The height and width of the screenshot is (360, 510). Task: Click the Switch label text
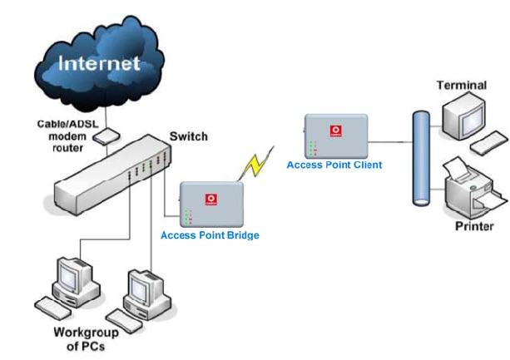(188, 136)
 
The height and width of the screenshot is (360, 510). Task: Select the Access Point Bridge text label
(210, 235)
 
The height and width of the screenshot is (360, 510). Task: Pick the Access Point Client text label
(334, 165)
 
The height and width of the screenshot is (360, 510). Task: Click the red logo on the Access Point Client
(336, 130)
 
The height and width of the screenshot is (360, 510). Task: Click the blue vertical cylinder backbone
(422, 158)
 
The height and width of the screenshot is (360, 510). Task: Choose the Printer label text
(474, 225)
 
